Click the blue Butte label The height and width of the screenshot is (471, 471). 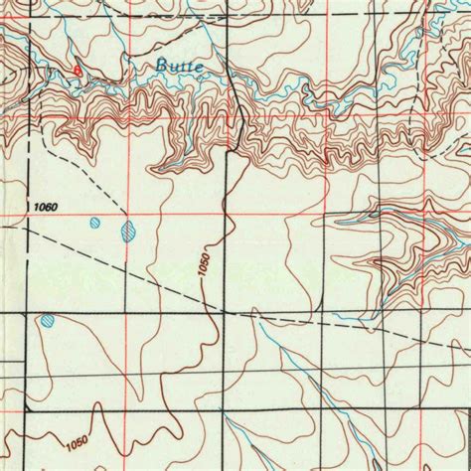coord(180,66)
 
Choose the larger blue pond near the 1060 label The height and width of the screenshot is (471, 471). coord(128,234)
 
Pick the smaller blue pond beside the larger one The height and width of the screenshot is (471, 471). coord(94,223)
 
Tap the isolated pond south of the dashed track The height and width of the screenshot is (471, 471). coord(47,321)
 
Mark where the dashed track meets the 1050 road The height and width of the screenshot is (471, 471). coord(225,311)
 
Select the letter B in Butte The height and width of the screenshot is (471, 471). coord(162,66)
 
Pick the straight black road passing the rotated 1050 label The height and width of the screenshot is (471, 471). coord(226,248)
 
